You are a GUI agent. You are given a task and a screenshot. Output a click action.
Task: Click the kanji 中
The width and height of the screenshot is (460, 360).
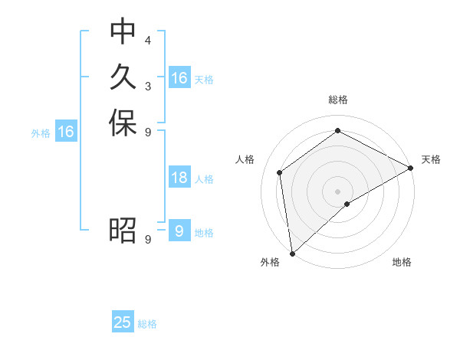(123, 31)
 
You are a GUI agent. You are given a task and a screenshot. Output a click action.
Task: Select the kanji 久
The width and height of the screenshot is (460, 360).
(123, 77)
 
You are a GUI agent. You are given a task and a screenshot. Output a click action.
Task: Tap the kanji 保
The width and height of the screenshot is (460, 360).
(123, 123)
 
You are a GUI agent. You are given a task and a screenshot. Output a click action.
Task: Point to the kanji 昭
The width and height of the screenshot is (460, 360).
(123, 229)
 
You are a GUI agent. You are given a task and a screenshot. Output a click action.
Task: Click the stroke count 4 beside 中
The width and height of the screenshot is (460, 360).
(147, 40)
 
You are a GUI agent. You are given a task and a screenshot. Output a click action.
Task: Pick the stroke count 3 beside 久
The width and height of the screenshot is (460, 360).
(147, 85)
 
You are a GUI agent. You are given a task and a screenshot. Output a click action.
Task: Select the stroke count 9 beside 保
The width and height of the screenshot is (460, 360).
(147, 132)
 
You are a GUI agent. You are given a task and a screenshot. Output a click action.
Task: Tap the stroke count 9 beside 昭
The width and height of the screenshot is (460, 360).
(147, 238)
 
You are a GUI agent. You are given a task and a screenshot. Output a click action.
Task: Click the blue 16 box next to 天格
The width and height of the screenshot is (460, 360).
(179, 78)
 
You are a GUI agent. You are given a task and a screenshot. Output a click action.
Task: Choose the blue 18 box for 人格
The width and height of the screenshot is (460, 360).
(179, 178)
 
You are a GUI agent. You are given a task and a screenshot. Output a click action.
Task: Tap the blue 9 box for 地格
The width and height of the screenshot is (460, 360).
(179, 231)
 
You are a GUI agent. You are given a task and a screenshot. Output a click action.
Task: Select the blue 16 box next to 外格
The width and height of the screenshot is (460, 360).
(66, 132)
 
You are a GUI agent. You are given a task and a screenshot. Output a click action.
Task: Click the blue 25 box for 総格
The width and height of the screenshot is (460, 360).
(123, 322)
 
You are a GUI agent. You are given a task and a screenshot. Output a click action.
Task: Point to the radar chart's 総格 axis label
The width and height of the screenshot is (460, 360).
(337, 100)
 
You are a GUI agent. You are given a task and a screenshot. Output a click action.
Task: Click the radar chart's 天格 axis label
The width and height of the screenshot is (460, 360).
(431, 159)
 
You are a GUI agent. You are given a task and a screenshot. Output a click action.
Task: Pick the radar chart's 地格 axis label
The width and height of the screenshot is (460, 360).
(402, 263)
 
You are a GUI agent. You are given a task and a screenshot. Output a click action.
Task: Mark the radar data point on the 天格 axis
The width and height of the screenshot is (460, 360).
(411, 168)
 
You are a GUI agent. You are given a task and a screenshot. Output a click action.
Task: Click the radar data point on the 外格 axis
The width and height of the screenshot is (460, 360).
(292, 253)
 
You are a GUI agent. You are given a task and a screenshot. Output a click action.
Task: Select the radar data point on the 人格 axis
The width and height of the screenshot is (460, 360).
(280, 172)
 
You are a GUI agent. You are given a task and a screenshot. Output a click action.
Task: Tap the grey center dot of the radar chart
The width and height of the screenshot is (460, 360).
(337, 191)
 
